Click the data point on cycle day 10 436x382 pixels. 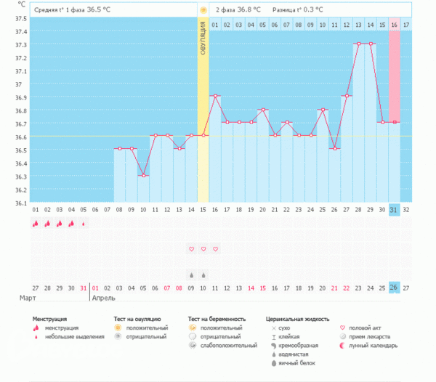point(143,176)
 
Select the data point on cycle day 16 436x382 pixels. point(215,96)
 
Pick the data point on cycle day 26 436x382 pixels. point(335,149)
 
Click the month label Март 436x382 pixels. point(28,298)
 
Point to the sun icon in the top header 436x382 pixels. point(203,11)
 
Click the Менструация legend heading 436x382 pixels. point(50,319)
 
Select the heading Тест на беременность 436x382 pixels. point(217,319)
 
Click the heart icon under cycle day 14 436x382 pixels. point(191,249)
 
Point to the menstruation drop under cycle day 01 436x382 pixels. point(35,224)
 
